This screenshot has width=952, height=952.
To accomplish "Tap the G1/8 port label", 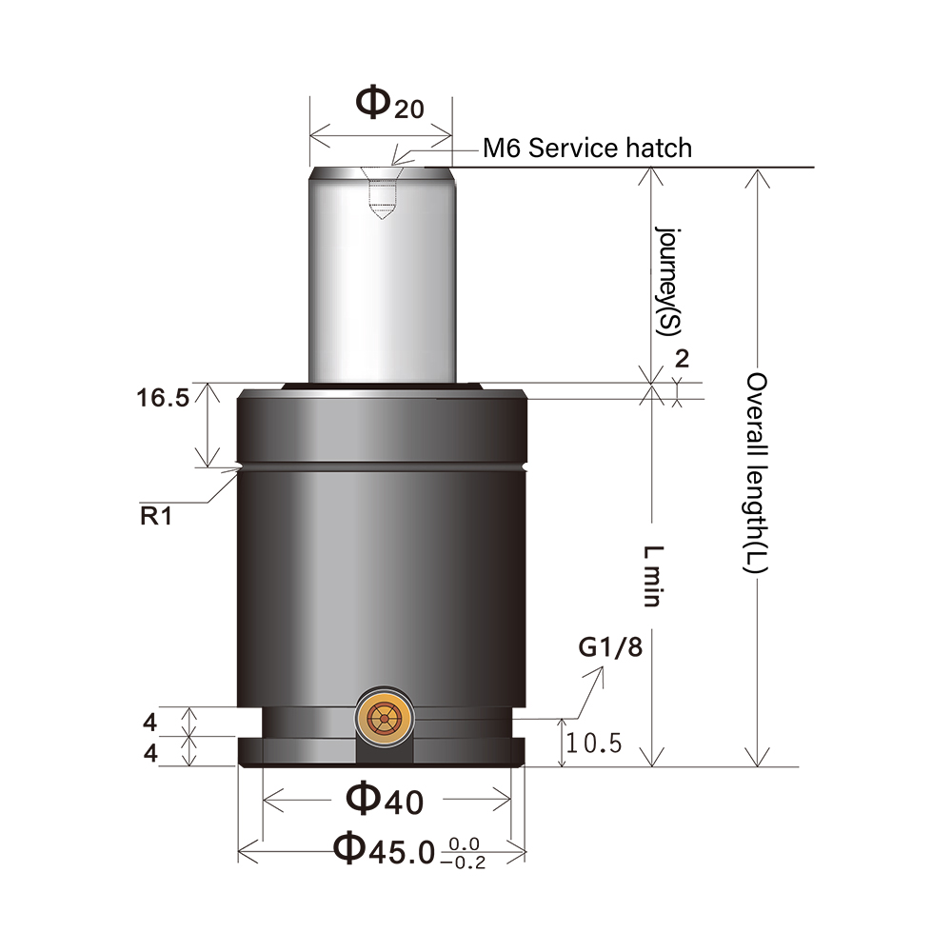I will click(610, 648).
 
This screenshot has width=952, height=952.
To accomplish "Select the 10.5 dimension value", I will click(593, 743).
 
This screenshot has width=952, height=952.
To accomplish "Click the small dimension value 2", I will click(681, 359).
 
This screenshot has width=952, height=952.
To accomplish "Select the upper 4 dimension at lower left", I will click(149, 722).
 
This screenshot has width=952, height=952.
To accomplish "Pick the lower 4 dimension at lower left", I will click(149, 752).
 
